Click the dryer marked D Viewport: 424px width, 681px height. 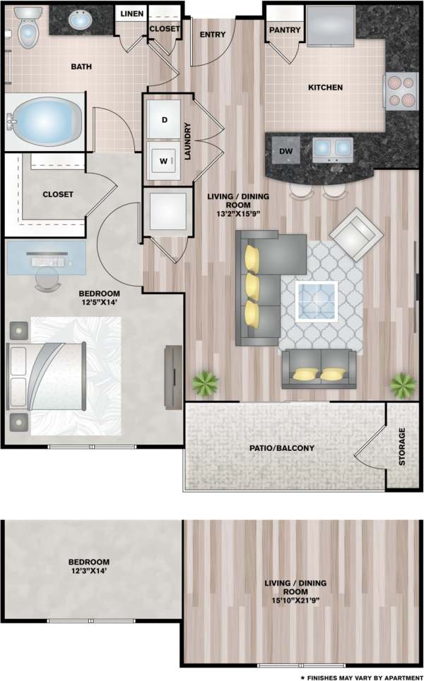click(165, 119)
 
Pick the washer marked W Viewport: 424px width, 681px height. click(165, 161)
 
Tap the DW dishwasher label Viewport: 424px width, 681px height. click(285, 151)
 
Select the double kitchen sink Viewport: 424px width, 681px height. click(332, 147)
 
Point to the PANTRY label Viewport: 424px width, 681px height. click(285, 30)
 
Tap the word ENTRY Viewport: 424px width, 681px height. click(213, 34)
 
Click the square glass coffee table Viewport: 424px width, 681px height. click(316, 301)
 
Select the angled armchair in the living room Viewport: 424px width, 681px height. click(356, 233)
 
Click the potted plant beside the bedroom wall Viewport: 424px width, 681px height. click(205, 382)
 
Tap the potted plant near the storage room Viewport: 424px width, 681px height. click(403, 385)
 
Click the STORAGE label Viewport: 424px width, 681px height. click(402, 446)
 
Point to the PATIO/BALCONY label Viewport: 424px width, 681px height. click(281, 447)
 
